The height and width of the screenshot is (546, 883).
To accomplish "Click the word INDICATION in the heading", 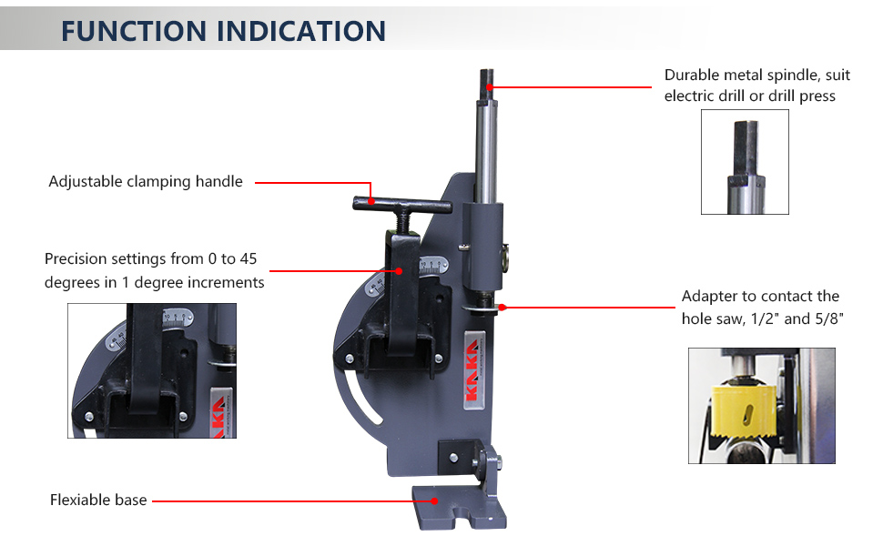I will pos(304,30).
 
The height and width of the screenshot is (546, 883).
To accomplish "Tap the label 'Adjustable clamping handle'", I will pos(146,181).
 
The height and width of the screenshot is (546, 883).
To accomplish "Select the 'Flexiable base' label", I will pos(98,500).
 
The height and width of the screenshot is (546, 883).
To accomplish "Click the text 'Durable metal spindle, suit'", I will pos(750,76).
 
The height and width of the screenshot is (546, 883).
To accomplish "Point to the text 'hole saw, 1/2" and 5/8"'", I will pos(760,318).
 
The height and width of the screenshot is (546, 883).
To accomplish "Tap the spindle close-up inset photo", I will pos(745,162).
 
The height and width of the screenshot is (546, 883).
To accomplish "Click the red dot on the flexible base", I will pos(436,500).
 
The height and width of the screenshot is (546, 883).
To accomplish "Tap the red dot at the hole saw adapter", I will pos(502,308).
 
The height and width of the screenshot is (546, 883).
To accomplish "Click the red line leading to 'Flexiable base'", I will pos(291,500).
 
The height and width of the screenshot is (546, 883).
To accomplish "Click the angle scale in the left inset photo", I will pos(176,319).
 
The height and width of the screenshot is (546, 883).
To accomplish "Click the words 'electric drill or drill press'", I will pos(750,96).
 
